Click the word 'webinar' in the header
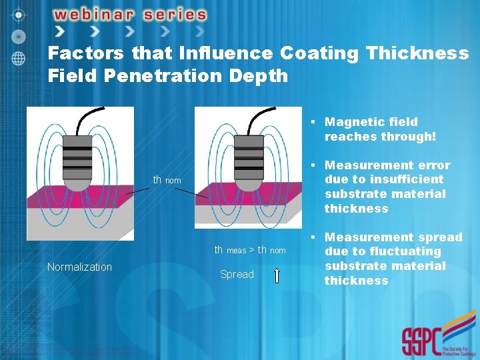pyautogui.click(x=103, y=14)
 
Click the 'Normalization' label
pyautogui.click(x=79, y=267)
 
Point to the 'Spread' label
pyautogui.click(x=237, y=274)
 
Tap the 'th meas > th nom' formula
pyautogui.click(x=249, y=250)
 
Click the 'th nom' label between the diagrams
pyautogui.click(x=167, y=180)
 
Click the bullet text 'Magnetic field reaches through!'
pyautogui.click(x=379, y=129)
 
